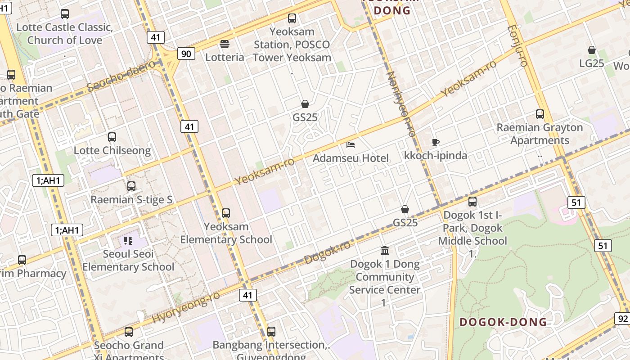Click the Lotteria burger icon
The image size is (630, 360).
pyautogui.click(x=225, y=44)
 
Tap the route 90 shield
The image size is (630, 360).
pyautogui.click(x=186, y=54)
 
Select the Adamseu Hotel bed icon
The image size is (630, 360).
pyautogui.click(x=351, y=145)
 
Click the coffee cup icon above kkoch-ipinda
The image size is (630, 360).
pyautogui.click(x=435, y=143)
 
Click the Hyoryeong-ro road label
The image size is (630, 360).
pyautogui.click(x=186, y=307)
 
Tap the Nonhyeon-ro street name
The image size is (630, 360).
pyautogui.click(x=400, y=104)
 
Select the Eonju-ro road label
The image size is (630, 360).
pyautogui.click(x=517, y=45)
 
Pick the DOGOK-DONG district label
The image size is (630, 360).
pyautogui.click(x=503, y=322)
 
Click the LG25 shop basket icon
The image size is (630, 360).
pyautogui.click(x=592, y=50)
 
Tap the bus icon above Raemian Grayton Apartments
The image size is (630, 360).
pyautogui.click(x=540, y=114)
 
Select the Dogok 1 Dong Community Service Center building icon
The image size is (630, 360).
pyautogui.click(x=385, y=250)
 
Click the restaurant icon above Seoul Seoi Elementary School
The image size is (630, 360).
pyautogui.click(x=128, y=241)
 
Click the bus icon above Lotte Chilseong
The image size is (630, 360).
pyautogui.click(x=112, y=137)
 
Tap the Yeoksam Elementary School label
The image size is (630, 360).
pyautogui.click(x=226, y=233)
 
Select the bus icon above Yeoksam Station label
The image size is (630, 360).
pyautogui.click(x=292, y=18)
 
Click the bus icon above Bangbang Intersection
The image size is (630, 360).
pyautogui.click(x=271, y=332)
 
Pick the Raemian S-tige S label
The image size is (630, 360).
pyautogui.click(x=131, y=199)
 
